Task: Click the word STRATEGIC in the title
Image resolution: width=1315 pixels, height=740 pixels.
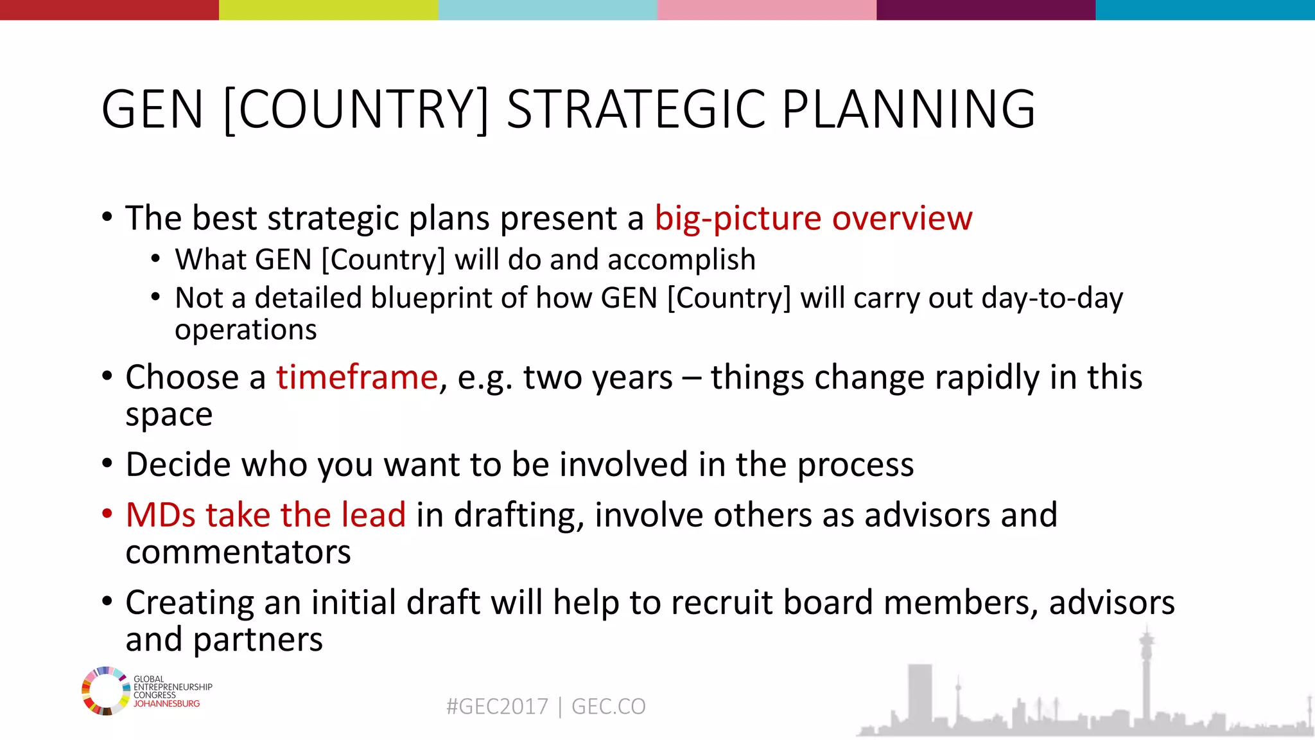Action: click(x=636, y=109)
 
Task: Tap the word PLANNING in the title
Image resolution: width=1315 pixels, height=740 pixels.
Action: click(x=908, y=109)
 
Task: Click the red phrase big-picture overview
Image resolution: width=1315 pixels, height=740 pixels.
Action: click(x=814, y=218)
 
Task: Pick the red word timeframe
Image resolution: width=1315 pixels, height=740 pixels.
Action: click(x=357, y=377)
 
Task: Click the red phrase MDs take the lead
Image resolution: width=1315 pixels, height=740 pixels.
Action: click(x=266, y=515)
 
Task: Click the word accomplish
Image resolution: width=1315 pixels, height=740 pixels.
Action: click(x=681, y=260)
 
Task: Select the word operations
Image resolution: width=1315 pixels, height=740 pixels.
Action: click(x=246, y=330)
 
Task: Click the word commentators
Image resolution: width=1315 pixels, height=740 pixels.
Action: click(x=238, y=552)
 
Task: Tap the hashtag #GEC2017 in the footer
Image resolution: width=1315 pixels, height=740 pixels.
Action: click(x=497, y=707)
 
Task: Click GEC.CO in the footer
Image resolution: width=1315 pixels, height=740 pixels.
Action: click(x=608, y=707)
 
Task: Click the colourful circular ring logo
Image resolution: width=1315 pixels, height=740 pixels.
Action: click(x=105, y=691)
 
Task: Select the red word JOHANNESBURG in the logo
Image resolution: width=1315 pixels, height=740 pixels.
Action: click(x=166, y=704)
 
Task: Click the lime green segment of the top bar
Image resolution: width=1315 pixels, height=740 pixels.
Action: click(x=328, y=10)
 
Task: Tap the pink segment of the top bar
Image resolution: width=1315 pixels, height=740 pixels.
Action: click(x=767, y=10)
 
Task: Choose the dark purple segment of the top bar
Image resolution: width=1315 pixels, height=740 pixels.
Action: click(x=986, y=10)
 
